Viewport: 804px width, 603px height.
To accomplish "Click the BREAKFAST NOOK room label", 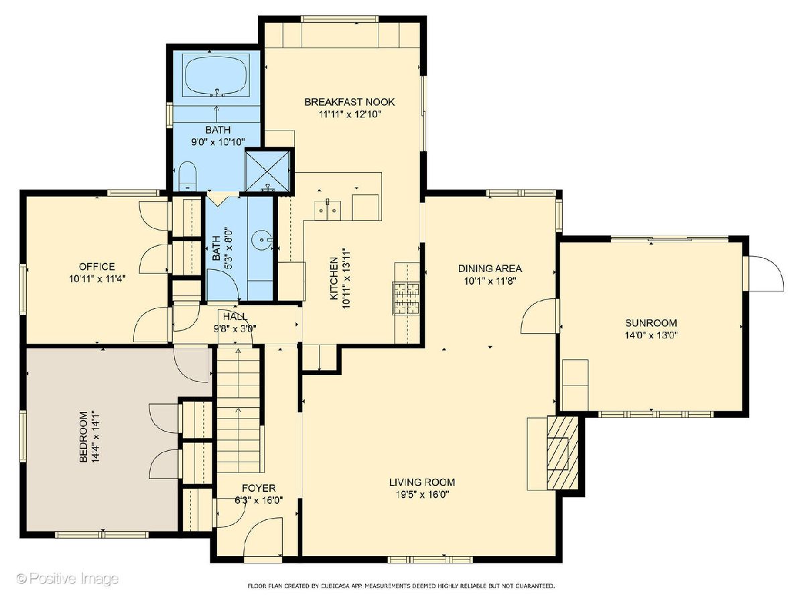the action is click(350, 102).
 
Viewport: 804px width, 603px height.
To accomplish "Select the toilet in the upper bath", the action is click(188, 176).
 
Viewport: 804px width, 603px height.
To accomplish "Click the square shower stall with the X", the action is click(267, 172).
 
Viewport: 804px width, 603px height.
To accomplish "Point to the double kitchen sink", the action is click(328, 210).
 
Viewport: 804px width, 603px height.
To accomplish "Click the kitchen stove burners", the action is click(406, 298).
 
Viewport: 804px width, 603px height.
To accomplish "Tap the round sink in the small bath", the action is click(262, 240).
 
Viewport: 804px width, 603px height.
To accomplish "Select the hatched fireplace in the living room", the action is click(562, 452).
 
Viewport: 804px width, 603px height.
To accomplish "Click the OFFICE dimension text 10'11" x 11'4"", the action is click(97, 279).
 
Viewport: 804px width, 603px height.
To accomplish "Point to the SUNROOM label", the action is click(651, 323).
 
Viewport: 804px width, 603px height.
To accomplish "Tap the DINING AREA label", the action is click(490, 269).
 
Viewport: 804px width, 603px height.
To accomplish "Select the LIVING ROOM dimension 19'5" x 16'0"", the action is click(422, 495).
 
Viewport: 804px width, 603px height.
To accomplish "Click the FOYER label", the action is click(259, 488).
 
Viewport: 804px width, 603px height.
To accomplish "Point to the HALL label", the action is click(234, 316).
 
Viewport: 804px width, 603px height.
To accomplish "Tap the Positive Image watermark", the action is click(68, 578).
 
